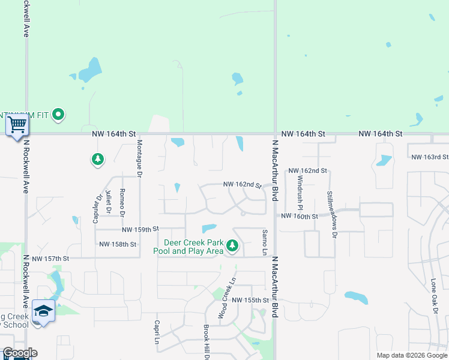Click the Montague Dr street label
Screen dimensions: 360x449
139,158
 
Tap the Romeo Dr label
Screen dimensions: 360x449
122,202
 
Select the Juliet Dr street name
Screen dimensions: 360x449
108,202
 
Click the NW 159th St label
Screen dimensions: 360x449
140,229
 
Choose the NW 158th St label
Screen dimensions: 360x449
118,244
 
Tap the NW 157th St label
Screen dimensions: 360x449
51,259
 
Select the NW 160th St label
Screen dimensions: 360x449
298,216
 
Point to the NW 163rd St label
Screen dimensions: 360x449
430,157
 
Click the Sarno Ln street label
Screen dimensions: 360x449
264,242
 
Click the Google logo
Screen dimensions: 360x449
20,353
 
